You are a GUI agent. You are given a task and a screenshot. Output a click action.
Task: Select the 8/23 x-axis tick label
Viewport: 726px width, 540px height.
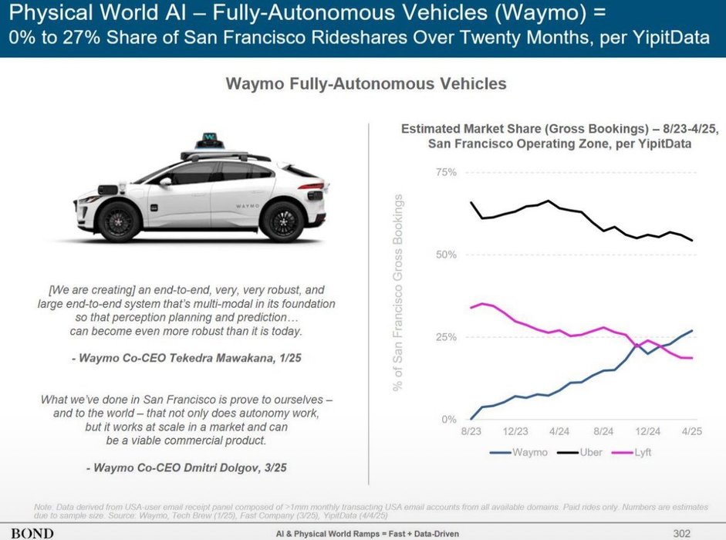pos(471,434)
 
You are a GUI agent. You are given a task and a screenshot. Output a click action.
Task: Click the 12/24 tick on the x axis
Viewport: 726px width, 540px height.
pos(648,434)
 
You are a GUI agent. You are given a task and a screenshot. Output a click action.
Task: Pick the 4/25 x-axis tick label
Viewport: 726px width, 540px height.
pos(691,434)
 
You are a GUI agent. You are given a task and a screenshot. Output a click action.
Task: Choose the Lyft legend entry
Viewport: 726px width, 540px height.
pos(640,452)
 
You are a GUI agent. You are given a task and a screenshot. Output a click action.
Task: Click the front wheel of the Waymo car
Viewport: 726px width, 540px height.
pos(120,221)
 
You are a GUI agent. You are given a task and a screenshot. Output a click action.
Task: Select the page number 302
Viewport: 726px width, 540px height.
pos(682,532)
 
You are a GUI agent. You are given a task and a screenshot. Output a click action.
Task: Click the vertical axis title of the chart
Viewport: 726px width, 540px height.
pos(400,293)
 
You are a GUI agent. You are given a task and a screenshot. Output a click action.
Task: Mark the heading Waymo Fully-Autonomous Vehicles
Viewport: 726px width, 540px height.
pos(366,83)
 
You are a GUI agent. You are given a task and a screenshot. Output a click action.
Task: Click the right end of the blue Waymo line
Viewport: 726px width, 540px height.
pos(692,331)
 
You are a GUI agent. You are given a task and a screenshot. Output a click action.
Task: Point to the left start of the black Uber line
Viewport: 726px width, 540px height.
pos(471,202)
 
